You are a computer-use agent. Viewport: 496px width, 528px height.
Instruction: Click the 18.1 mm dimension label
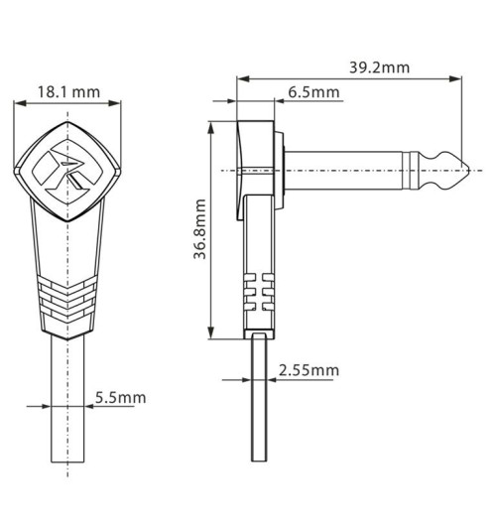click(x=68, y=92)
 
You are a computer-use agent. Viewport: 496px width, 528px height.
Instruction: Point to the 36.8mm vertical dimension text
click(x=199, y=228)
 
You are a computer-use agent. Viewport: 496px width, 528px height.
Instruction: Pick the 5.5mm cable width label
click(x=120, y=397)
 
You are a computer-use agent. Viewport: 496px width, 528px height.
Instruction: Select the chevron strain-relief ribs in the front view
click(x=68, y=296)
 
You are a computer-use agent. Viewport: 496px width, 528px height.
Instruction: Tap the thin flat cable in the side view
click(x=260, y=417)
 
